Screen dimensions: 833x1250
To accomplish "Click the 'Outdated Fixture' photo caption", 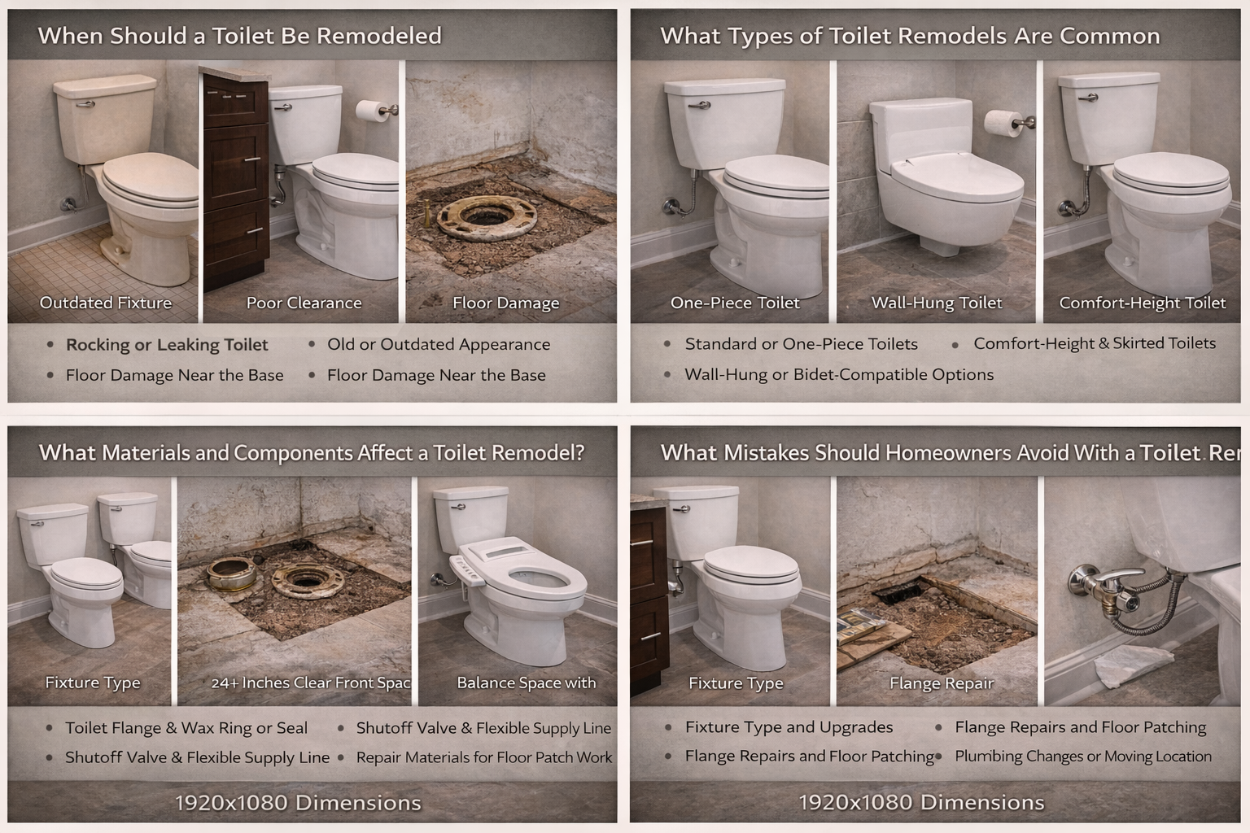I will (x=106, y=303).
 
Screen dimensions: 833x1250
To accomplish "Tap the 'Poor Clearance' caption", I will (x=304, y=303).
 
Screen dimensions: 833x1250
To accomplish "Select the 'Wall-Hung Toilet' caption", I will (x=936, y=303).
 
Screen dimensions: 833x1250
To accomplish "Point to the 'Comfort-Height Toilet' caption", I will (x=1142, y=303).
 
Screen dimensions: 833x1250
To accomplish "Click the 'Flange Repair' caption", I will (x=942, y=683).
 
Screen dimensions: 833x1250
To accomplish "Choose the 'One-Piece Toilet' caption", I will (x=735, y=303).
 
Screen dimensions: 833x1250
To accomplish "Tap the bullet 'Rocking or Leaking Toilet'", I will (x=167, y=345).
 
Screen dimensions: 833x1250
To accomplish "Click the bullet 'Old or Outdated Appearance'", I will (x=438, y=344).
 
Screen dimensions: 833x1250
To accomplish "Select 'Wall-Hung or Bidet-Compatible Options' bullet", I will (x=839, y=374).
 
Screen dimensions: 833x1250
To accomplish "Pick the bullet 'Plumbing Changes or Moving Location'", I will (x=1082, y=756).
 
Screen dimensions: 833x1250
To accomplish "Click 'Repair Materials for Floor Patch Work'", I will (x=484, y=757).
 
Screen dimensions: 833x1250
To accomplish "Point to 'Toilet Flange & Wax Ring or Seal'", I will (x=186, y=728).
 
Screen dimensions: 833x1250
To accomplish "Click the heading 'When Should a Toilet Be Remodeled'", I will (x=240, y=36).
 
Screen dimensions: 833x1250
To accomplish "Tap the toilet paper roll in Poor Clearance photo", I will (x=374, y=111).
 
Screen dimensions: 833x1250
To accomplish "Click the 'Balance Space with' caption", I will (x=526, y=683).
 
